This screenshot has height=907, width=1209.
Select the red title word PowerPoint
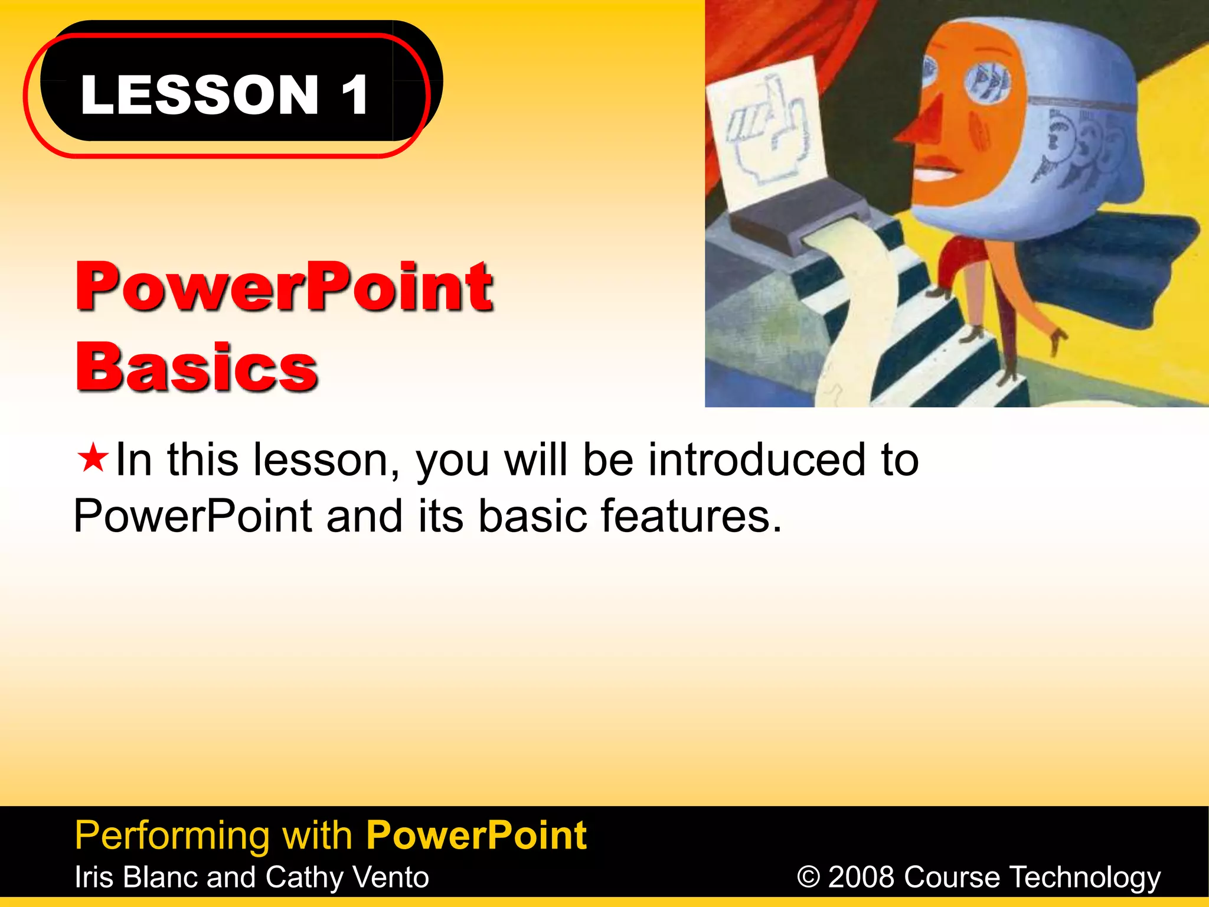[x=283, y=287]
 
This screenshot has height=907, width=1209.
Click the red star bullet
[x=93, y=458]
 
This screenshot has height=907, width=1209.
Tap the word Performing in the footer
[x=171, y=835]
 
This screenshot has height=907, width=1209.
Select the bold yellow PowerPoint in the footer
[x=476, y=835]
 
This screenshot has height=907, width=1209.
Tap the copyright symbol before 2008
[x=808, y=877]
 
